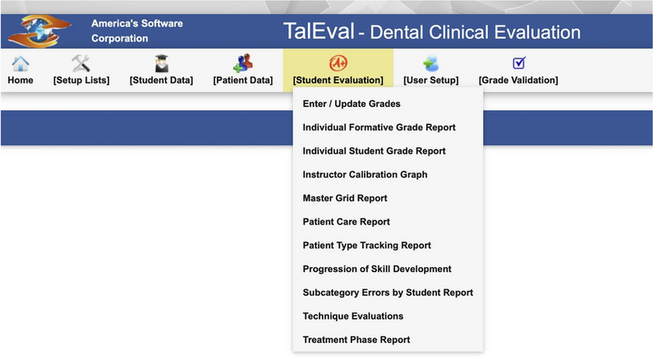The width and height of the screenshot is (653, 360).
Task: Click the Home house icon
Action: pos(21,63)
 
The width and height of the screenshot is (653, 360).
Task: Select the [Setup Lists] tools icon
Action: pos(80,63)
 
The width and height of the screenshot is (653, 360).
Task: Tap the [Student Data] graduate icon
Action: pos(161,63)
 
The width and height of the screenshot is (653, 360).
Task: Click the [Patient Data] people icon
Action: pos(243,63)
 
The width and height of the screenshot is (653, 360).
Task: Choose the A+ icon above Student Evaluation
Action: pos(338,63)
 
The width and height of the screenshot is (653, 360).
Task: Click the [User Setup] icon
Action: pos(430,63)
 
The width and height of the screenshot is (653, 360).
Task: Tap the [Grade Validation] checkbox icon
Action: pos(518,62)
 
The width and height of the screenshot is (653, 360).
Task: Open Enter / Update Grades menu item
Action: pos(352,104)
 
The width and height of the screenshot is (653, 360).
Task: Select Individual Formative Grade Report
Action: pos(379,127)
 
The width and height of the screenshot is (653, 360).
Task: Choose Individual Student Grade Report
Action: pos(374,151)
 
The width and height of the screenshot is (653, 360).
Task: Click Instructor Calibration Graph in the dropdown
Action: pos(365,174)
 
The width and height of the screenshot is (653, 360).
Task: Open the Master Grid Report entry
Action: pos(345,198)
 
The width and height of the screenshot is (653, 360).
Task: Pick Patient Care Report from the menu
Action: pos(346,222)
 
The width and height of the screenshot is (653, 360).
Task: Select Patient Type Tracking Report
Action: pos(366,246)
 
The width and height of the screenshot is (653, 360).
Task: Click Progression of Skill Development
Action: pos(377,269)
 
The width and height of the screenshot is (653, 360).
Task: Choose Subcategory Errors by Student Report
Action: pos(388,293)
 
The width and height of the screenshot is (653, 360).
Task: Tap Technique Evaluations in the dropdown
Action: pos(353,316)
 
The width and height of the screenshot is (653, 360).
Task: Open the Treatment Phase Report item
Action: pos(356,339)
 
